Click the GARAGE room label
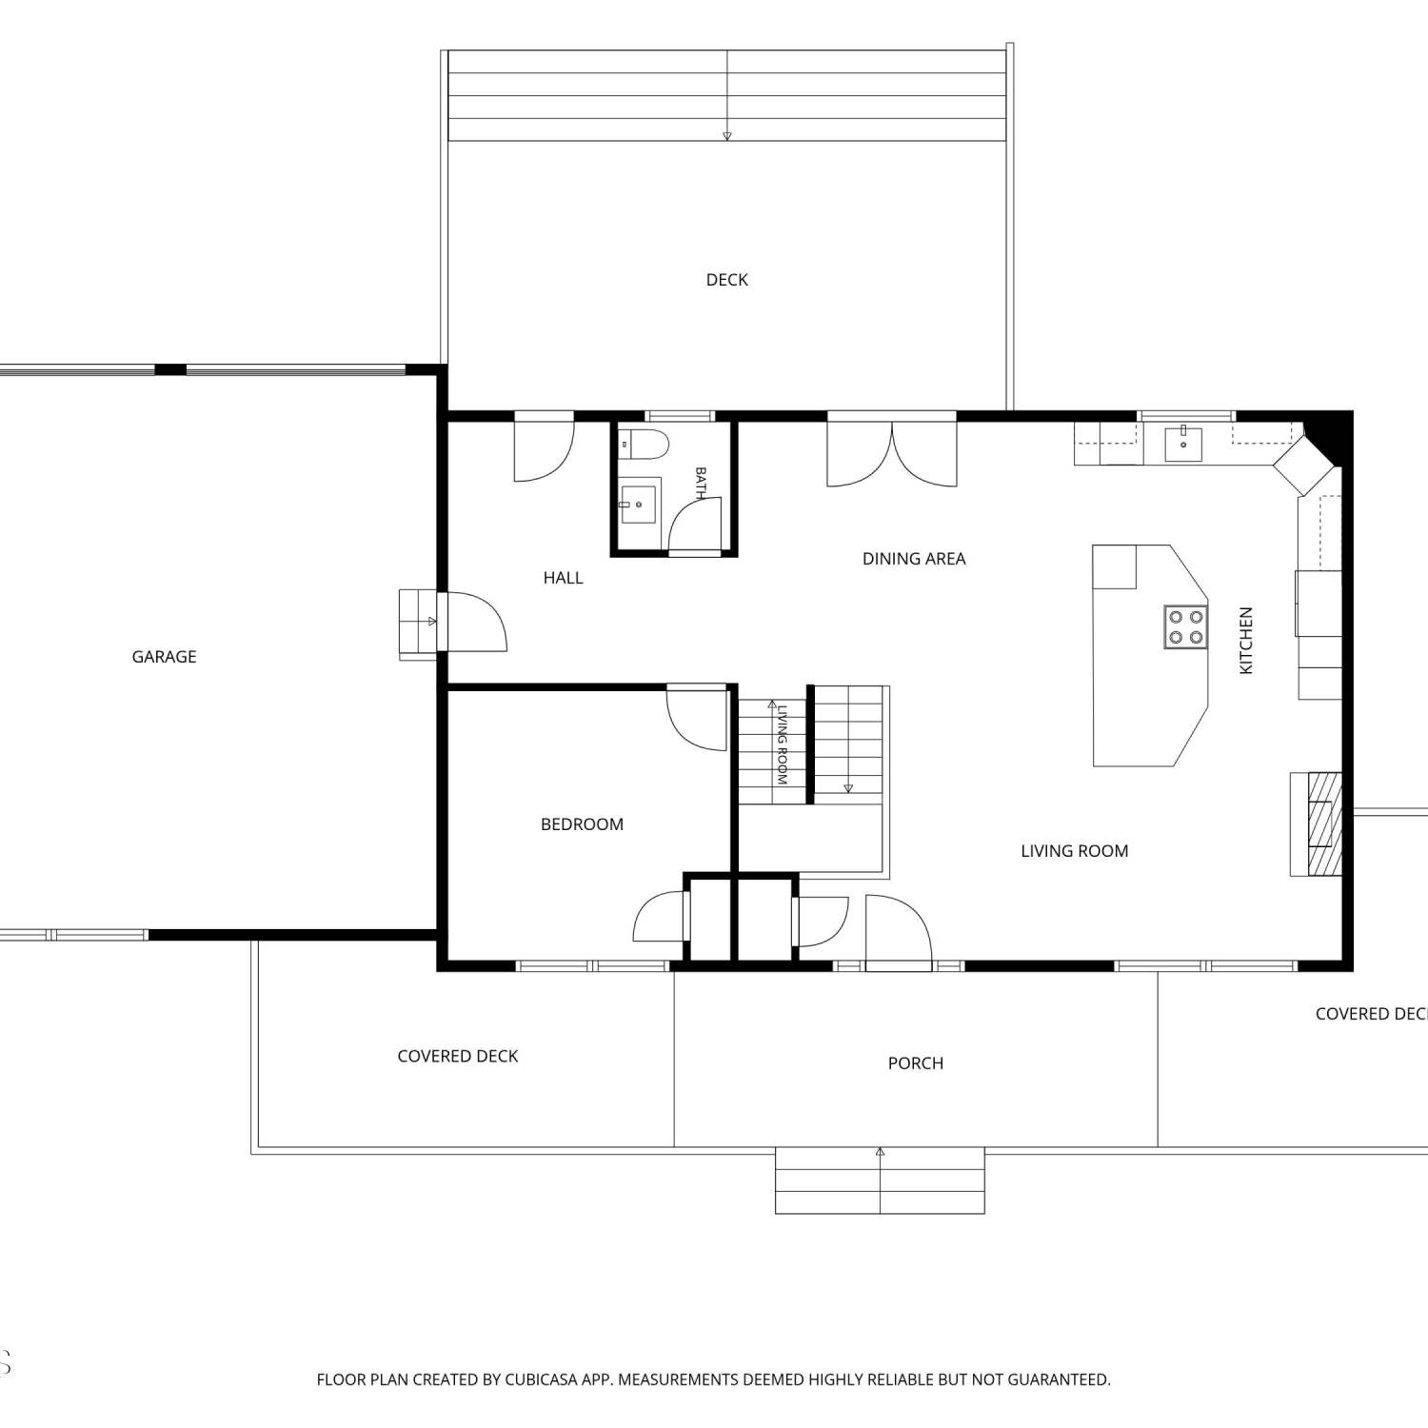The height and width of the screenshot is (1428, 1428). coord(164,657)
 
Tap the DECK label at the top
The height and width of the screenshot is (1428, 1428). coord(727,280)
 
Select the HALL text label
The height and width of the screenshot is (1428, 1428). coord(563,578)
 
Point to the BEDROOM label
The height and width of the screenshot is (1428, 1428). coord(582,824)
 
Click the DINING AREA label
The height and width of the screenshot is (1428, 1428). coord(914,559)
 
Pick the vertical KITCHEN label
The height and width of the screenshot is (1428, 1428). coord(1246,641)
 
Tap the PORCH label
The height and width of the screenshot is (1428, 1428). coord(916,1063)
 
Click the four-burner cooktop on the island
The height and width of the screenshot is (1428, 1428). coord(1185,627)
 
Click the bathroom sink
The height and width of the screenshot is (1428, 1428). coord(639,502)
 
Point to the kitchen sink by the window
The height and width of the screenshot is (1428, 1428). coord(1183,445)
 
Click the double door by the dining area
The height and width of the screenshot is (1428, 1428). coord(892,453)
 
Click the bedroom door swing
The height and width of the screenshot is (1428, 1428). coord(697,717)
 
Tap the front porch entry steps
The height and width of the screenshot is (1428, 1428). coord(880,1180)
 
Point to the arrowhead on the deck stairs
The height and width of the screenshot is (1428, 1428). coord(727,136)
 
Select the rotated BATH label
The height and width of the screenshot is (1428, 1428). coord(701,484)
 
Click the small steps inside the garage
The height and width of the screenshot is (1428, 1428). coord(417,624)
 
